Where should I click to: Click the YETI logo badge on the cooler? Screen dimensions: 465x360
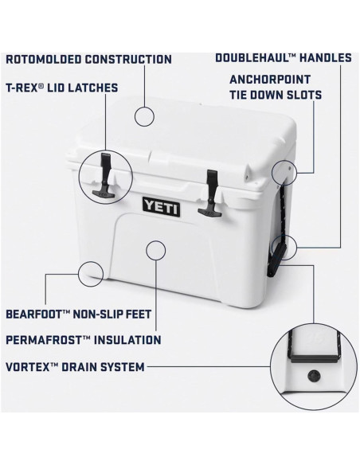click(161, 205)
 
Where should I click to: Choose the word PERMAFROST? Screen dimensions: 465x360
click(45, 340)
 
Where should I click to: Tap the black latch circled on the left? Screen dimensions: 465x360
click(104, 178)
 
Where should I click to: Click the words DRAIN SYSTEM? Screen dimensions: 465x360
click(107, 367)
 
